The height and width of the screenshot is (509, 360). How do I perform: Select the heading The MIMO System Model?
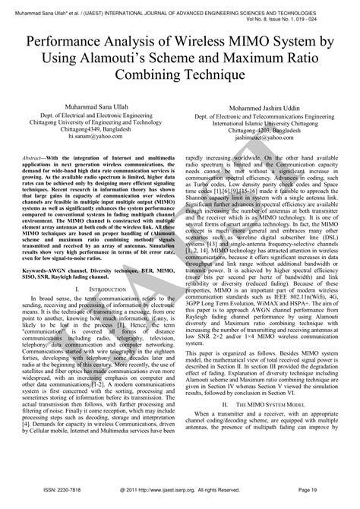265,427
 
